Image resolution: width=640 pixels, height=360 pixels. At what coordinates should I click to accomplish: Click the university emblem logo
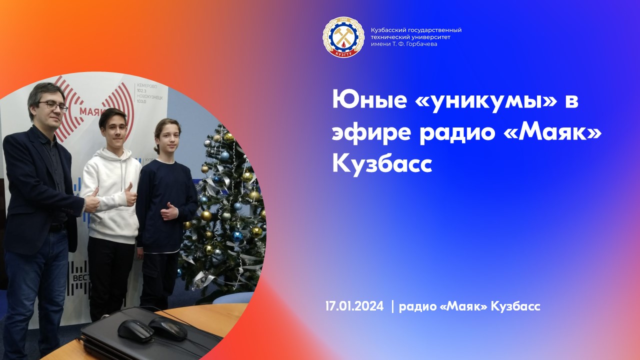(343, 37)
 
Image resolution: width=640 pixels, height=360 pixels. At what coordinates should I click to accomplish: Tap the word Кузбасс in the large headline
(382, 163)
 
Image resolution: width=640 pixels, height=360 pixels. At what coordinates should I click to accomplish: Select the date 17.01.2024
(354, 306)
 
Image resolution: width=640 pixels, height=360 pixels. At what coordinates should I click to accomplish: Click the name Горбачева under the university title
(420, 44)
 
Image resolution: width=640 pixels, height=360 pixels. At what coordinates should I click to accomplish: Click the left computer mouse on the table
(135, 330)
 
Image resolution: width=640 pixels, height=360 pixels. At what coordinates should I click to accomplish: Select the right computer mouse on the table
(168, 328)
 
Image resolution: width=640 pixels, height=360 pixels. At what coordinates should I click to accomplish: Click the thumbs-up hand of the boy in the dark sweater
(168, 211)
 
